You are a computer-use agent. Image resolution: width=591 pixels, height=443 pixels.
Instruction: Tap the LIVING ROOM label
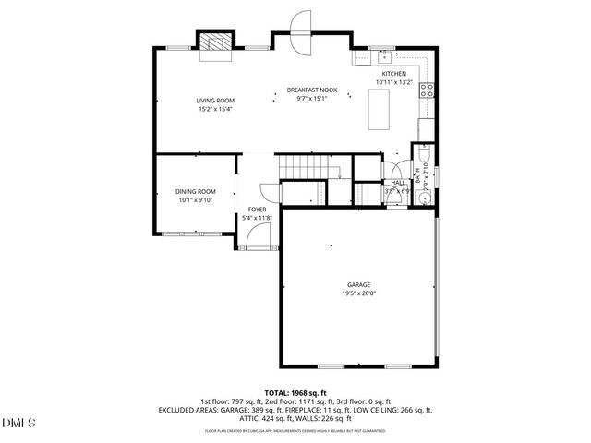tap(214, 101)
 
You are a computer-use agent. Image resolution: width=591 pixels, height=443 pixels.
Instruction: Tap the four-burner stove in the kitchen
tap(428, 90)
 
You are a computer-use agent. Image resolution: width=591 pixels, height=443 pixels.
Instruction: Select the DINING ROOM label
tap(195, 191)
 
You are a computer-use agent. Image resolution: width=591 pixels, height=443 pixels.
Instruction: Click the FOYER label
tap(257, 210)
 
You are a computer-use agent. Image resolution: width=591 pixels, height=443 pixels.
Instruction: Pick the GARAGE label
tap(358, 285)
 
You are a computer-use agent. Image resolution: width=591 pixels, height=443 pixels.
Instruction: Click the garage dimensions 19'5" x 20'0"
tap(358, 293)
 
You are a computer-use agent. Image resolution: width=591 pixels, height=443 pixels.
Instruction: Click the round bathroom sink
tap(426, 198)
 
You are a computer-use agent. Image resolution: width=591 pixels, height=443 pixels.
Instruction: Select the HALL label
tap(398, 183)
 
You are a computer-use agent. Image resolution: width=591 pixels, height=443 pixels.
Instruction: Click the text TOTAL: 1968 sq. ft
tap(295, 393)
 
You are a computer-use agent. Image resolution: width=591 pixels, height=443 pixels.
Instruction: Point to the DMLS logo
tap(19, 423)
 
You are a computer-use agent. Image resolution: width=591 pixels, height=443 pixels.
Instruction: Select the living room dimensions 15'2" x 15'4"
tap(214, 109)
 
